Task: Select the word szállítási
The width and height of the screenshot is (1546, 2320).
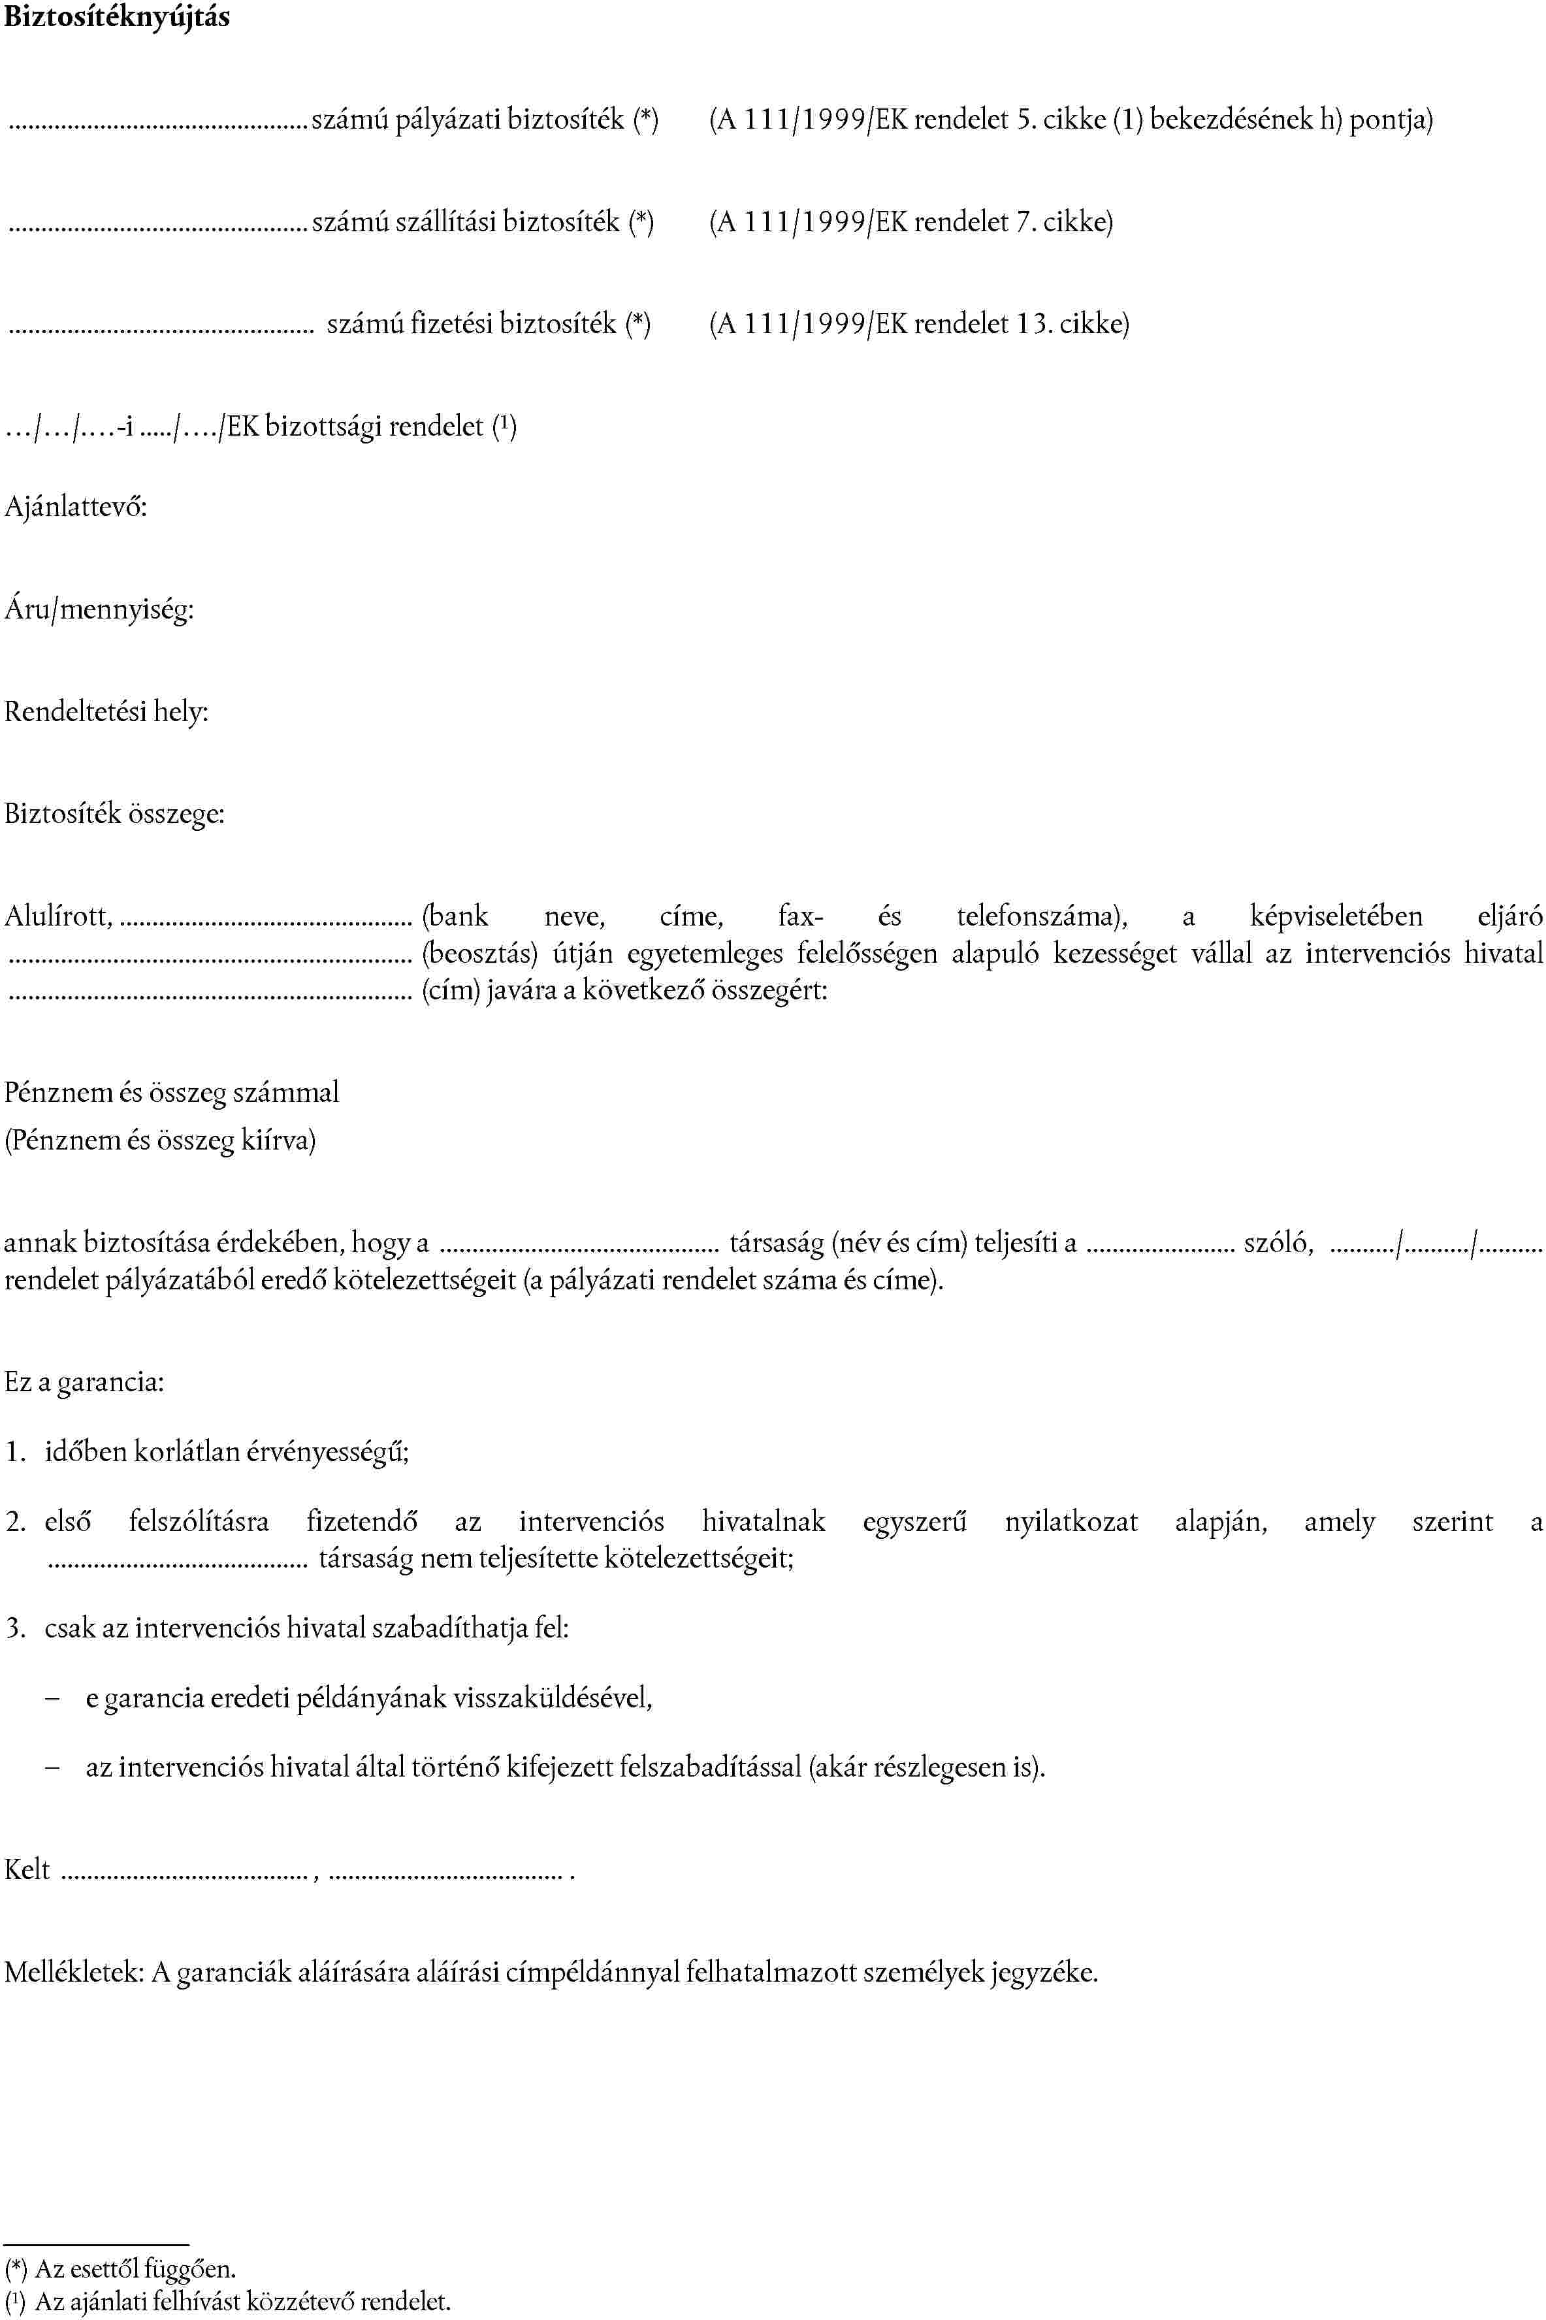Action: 445,222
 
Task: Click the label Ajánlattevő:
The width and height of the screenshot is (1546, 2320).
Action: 76,507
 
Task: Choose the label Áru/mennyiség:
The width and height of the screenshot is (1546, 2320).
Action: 99,610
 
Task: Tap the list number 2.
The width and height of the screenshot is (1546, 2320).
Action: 14,1522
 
